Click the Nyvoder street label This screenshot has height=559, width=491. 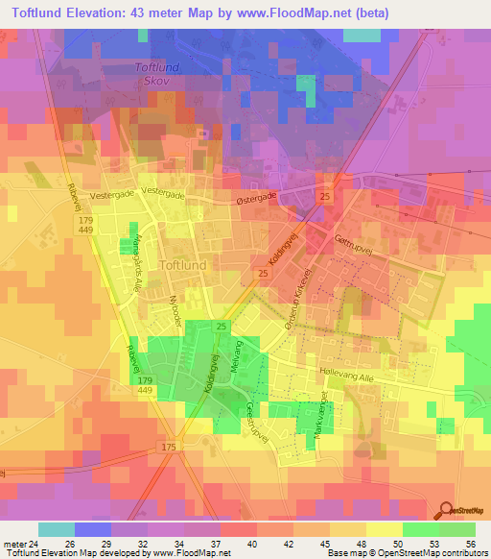175,306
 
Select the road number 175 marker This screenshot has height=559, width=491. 170,447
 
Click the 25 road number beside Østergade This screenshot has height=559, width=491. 325,197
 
